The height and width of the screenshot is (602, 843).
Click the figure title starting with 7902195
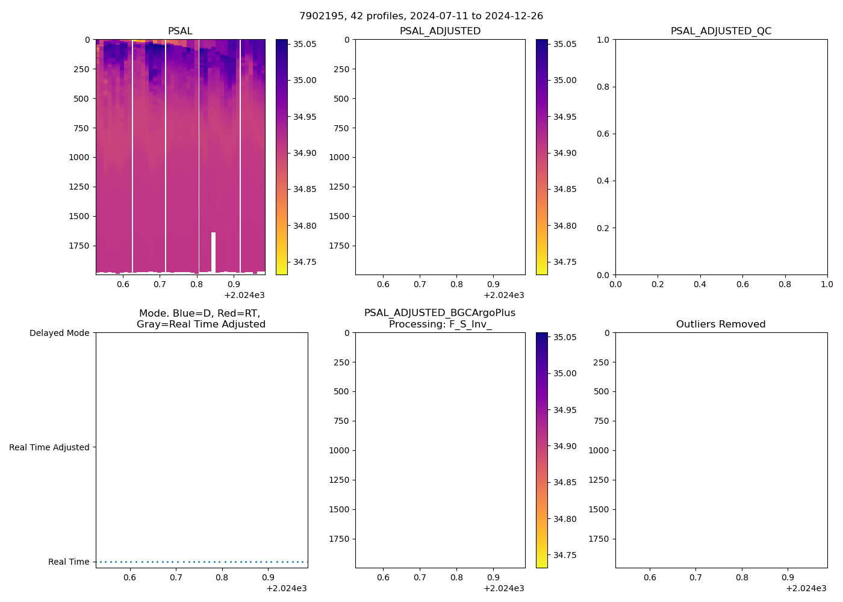(421, 16)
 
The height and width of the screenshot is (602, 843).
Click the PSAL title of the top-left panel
(180, 31)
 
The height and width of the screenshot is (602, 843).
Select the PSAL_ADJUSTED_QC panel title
(721, 31)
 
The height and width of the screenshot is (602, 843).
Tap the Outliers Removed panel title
(721, 324)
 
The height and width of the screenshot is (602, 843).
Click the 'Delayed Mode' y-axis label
(59, 333)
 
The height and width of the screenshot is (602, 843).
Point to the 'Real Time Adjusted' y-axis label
(49, 447)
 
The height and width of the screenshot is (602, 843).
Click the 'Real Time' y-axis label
(69, 562)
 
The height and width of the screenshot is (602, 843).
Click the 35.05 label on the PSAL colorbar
(305, 44)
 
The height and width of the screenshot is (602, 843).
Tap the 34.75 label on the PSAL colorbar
(305, 262)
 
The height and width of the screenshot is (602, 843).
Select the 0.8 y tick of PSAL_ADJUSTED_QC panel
(603, 87)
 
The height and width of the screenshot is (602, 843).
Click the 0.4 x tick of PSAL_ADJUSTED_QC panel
(700, 284)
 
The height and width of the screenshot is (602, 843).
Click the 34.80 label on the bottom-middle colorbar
(565, 519)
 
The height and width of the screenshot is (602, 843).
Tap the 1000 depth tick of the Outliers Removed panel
(599, 450)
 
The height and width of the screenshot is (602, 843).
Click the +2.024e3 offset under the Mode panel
(286, 588)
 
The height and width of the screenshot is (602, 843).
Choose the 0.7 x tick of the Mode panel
(176, 577)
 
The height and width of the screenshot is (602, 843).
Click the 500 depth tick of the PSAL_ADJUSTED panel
(341, 99)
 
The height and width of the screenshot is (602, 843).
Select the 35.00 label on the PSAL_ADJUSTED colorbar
(565, 80)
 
